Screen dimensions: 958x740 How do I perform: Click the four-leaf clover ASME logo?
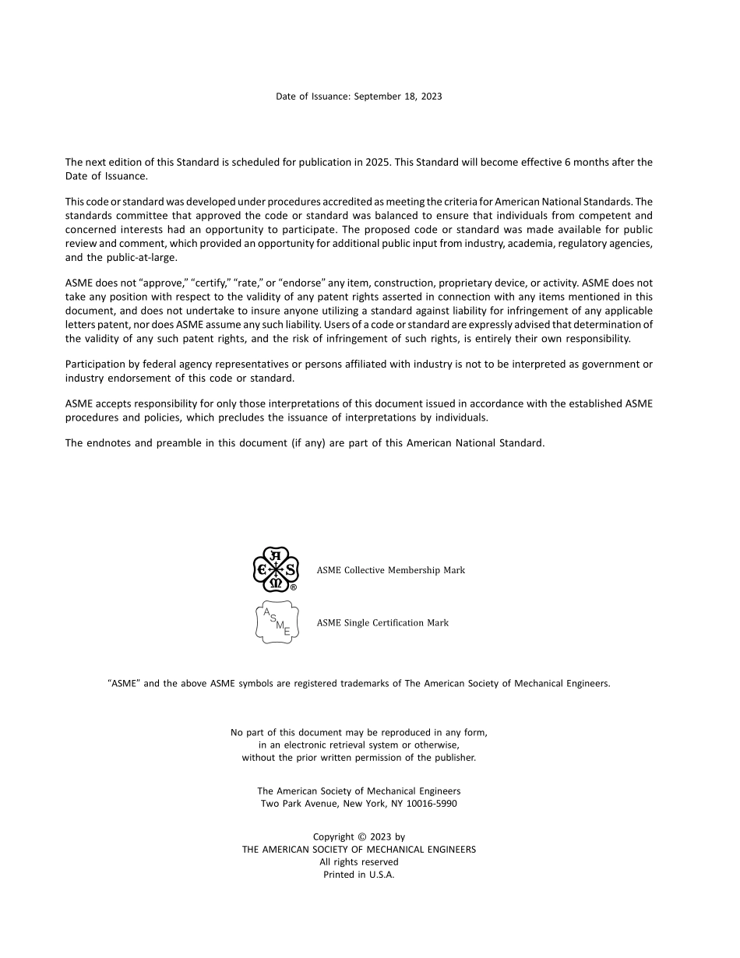[275, 569]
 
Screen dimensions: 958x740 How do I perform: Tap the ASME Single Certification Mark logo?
[277, 622]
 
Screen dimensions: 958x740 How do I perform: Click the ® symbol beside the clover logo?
[294, 588]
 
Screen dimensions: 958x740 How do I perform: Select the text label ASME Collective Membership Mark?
[390, 570]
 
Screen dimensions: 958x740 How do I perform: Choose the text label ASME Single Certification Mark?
[382, 623]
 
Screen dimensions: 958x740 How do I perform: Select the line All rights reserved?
[358, 862]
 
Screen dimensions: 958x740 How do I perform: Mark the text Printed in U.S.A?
[358, 875]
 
